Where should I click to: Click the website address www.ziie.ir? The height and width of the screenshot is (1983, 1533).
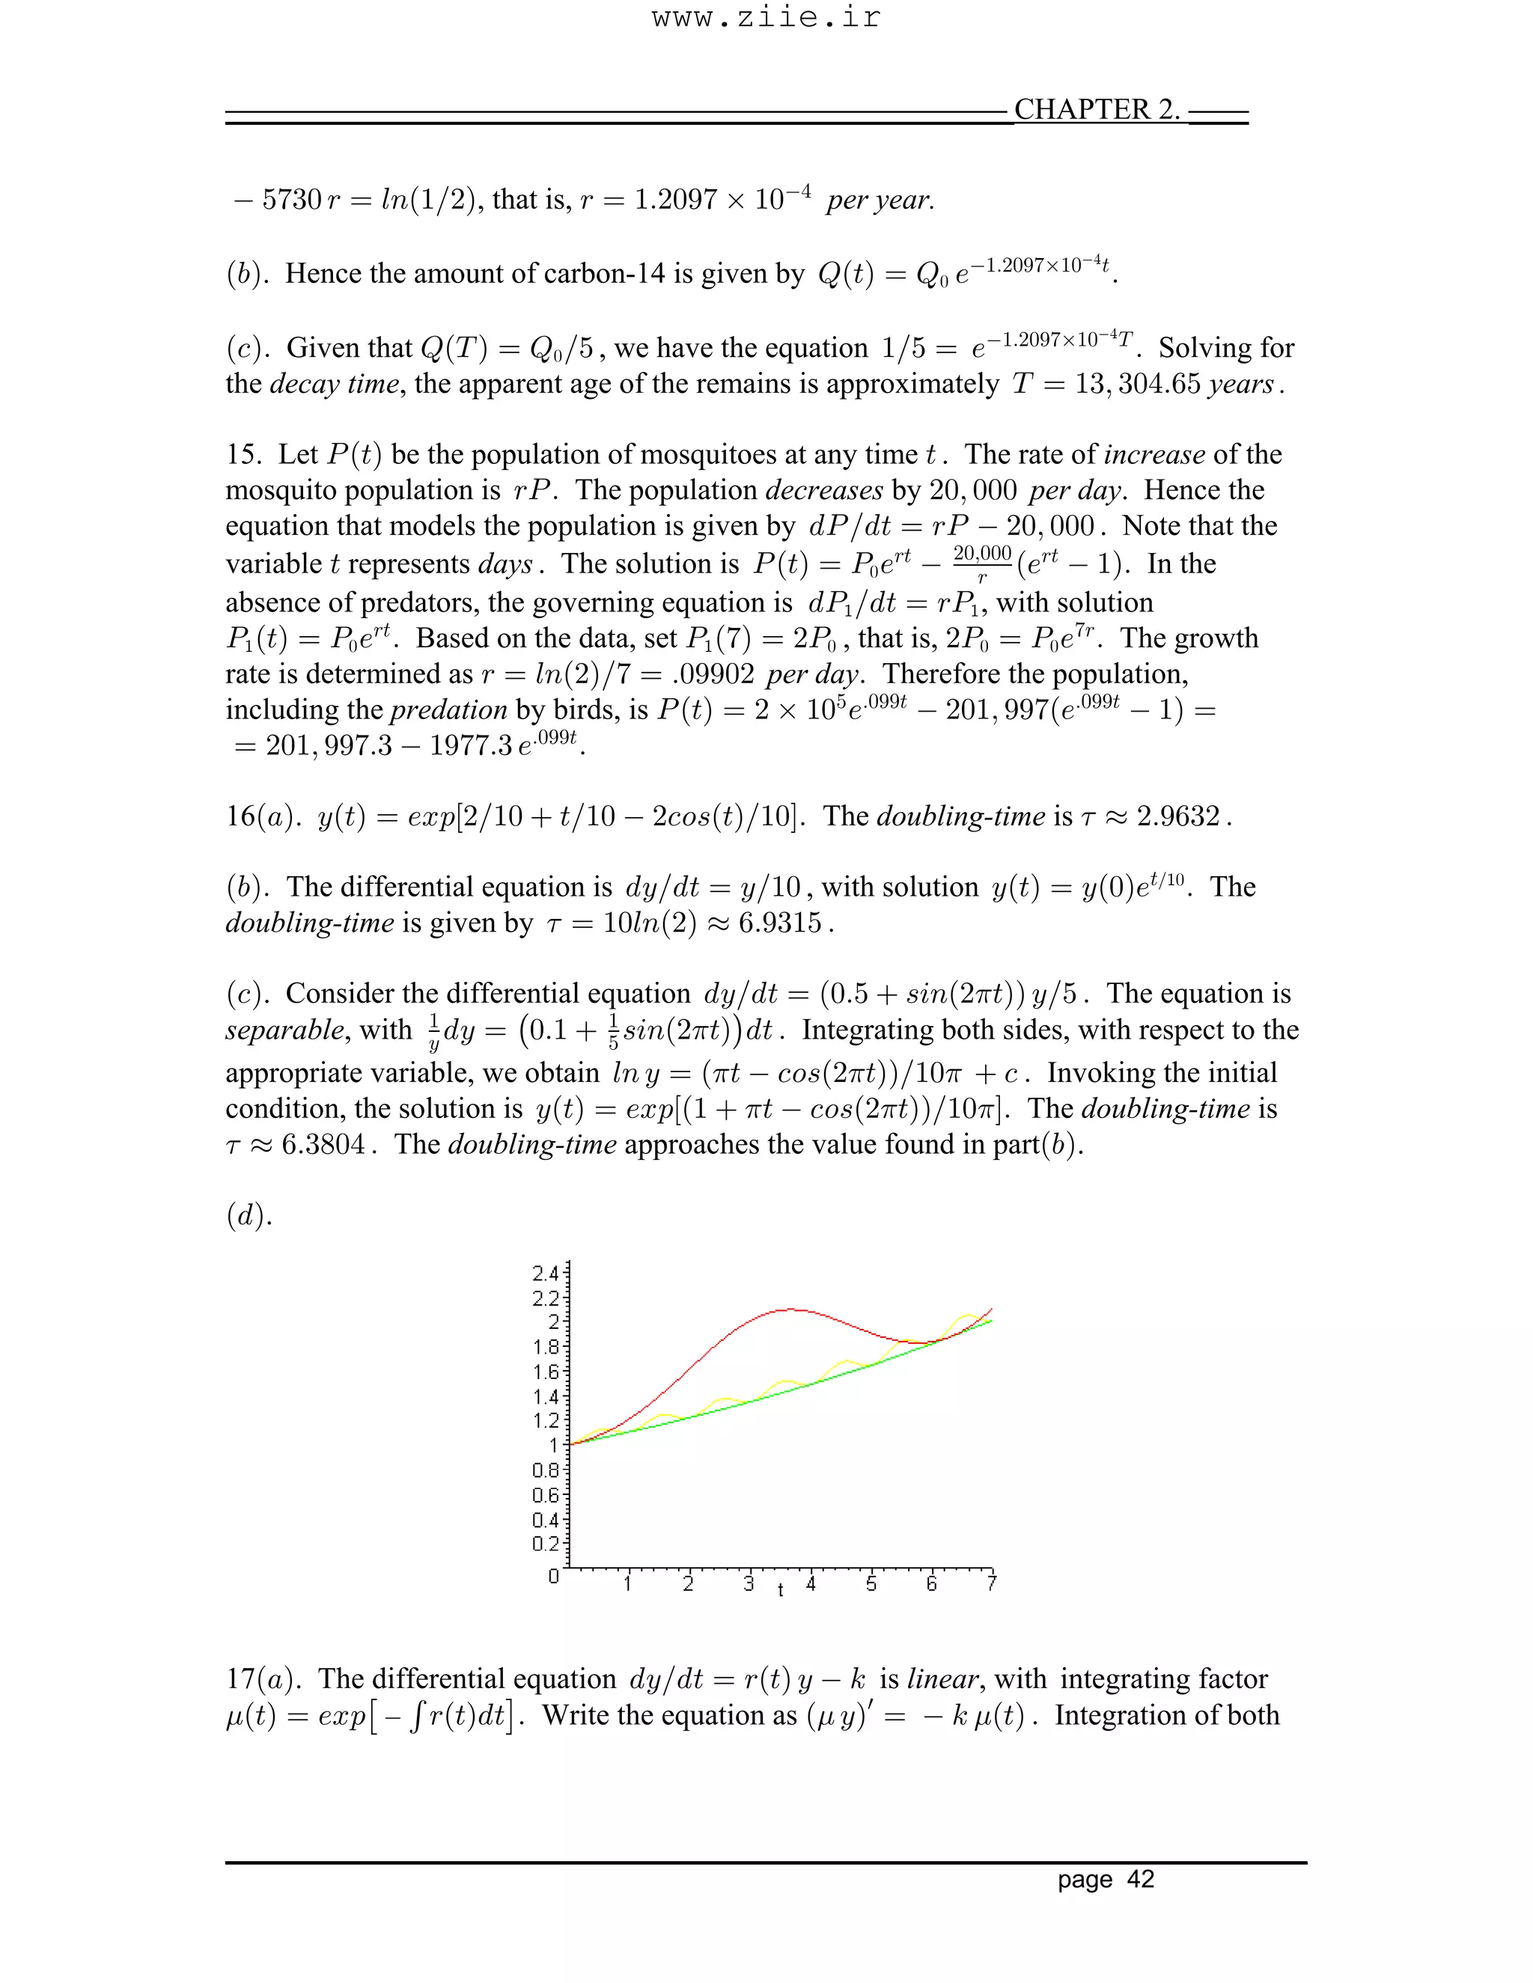766,18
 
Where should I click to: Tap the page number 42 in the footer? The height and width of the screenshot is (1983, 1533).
1140,1878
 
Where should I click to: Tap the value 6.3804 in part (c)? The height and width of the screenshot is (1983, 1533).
323,1144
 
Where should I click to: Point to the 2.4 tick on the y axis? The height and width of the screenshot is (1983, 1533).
545,1273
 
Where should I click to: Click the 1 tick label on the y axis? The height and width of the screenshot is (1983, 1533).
553,1444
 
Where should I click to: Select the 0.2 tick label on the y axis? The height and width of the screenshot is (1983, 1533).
545,1544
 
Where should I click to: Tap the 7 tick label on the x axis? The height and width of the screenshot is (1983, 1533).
992,1583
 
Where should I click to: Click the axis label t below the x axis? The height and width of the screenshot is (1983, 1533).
780,1590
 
